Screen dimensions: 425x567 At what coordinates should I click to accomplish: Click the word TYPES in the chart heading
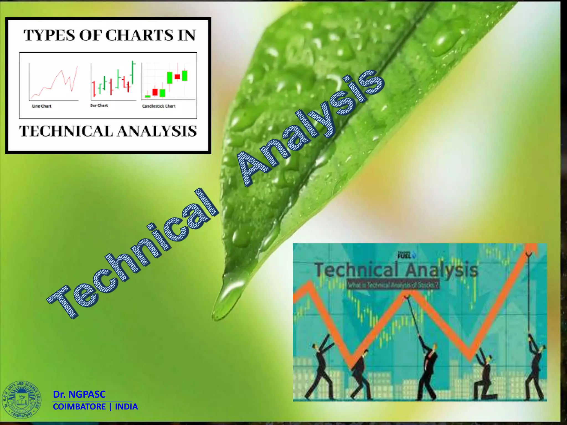point(49,35)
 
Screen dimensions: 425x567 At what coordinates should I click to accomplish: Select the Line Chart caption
point(42,106)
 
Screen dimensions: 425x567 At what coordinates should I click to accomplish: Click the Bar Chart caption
point(99,105)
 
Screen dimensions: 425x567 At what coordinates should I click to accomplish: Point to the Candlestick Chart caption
point(159,106)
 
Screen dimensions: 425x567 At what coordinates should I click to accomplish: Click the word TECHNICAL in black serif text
point(66,131)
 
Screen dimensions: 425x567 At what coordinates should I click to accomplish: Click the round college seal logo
point(22,399)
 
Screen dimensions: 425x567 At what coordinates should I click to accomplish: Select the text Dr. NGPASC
point(79,394)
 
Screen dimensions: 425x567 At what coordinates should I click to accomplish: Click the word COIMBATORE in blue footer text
point(79,407)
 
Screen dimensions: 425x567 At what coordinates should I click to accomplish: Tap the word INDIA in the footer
point(126,407)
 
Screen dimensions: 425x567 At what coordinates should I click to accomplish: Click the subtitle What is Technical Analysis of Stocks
point(393,285)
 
